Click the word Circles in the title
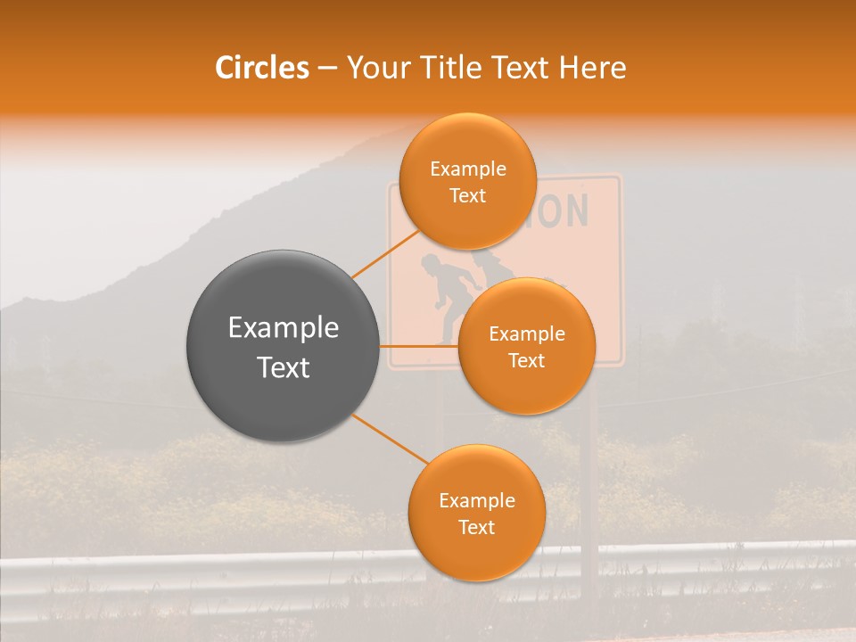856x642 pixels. tap(261, 68)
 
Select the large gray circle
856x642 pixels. tap(284, 346)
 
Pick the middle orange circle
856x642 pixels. tap(526, 346)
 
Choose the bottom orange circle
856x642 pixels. tap(476, 513)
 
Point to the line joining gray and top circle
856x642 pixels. tap(385, 253)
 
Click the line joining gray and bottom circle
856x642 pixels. tap(390, 439)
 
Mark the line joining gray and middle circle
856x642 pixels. tap(419, 345)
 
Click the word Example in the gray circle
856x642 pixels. tap(284, 328)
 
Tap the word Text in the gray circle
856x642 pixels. tap(284, 367)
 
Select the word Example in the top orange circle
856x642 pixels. tap(467, 169)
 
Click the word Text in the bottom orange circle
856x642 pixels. tap(476, 527)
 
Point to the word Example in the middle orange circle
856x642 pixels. tap(526, 334)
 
